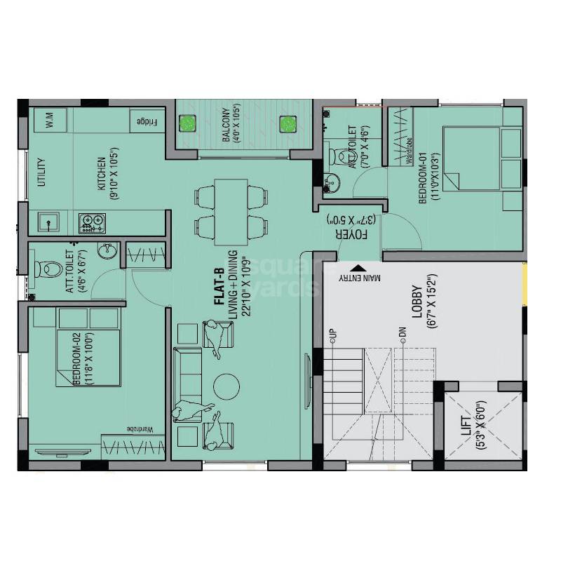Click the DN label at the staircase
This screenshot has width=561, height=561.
tap(403, 334)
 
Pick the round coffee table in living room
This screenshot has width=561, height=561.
tap(227, 386)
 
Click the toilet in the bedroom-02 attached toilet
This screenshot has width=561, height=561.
tap(48, 268)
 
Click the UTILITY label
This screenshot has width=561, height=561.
tap(41, 173)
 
